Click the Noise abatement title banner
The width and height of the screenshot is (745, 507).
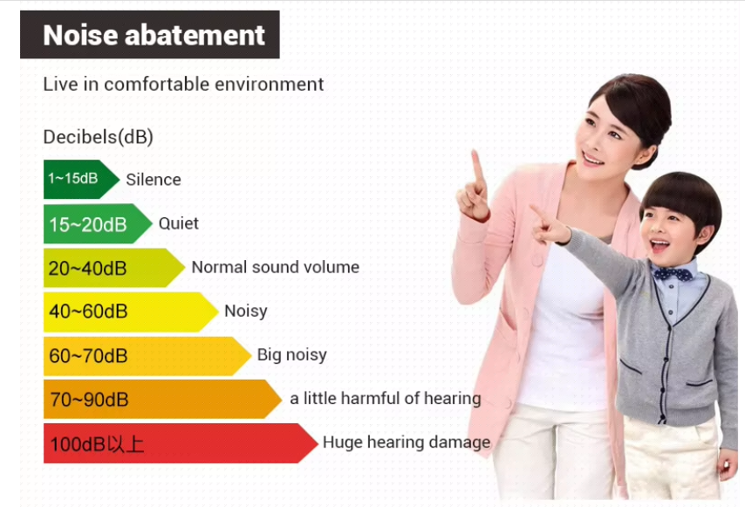[x=150, y=35]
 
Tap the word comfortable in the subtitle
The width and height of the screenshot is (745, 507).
[x=156, y=84]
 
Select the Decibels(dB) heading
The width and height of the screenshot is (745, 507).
[x=98, y=137]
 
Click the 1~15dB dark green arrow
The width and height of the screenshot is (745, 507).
[x=81, y=179]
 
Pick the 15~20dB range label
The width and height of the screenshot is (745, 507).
[x=88, y=224]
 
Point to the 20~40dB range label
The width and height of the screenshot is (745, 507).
[x=87, y=269]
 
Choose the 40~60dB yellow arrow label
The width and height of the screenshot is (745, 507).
[x=88, y=312]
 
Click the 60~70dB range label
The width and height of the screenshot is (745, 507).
[x=88, y=356]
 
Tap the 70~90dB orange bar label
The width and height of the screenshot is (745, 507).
[x=89, y=400]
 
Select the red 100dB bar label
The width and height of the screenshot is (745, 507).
[x=97, y=444]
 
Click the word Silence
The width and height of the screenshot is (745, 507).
[x=154, y=180]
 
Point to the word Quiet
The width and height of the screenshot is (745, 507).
[x=179, y=223]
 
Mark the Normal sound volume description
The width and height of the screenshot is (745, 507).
[x=276, y=267]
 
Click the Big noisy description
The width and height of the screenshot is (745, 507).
[x=291, y=355]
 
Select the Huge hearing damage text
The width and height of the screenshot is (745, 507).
[x=407, y=442]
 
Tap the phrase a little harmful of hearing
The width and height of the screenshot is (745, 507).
[x=386, y=398]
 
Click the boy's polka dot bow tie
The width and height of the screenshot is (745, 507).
[x=673, y=274]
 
